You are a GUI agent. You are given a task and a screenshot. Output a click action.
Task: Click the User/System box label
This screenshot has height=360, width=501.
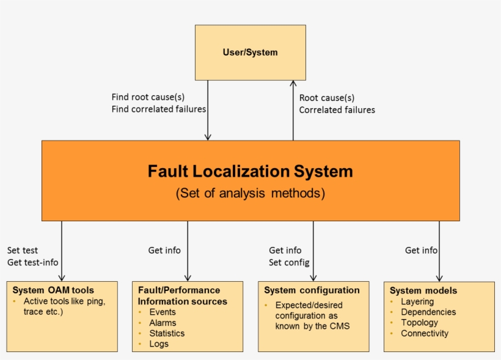(250, 53)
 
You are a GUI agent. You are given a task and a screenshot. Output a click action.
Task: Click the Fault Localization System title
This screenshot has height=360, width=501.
(250, 171)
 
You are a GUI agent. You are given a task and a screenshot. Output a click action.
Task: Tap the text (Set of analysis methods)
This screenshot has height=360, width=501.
(250, 193)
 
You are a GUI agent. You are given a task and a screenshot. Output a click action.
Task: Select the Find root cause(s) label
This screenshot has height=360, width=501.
(148, 97)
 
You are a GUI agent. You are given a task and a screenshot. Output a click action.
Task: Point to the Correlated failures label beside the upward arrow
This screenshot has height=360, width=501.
(337, 110)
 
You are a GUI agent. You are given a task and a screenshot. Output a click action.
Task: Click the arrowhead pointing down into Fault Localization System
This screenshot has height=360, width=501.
(208, 137)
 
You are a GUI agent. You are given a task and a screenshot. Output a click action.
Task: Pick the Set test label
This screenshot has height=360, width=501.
(23, 250)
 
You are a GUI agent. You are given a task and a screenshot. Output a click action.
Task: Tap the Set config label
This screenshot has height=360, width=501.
(289, 262)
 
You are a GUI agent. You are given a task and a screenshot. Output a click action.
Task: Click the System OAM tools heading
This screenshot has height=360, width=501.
(53, 290)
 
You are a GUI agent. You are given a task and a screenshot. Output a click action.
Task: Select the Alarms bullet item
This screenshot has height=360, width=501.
(163, 323)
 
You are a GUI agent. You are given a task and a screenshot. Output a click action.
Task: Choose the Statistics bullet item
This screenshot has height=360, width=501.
(167, 333)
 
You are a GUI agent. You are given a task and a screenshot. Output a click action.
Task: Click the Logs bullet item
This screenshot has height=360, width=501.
(159, 343)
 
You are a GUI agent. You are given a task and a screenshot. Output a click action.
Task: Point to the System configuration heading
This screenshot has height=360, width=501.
(312, 290)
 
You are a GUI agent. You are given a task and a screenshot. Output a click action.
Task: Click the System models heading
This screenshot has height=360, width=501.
(423, 291)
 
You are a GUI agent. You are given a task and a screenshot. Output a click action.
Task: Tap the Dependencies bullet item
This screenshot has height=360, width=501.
(428, 312)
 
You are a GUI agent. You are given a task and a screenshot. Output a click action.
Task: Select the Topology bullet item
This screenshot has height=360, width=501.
(419, 323)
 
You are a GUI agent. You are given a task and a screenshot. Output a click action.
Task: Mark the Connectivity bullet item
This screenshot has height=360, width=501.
(424, 333)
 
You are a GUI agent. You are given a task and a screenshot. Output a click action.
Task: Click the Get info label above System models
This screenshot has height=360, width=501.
(421, 250)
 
